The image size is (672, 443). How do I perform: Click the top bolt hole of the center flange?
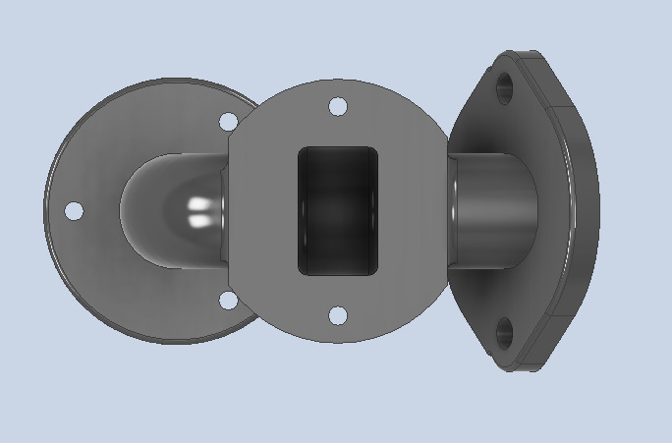pos(337,106)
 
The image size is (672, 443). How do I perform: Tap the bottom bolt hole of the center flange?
pos(337,315)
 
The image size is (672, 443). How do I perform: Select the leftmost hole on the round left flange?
pos(74,211)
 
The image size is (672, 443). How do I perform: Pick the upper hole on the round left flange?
pos(228,122)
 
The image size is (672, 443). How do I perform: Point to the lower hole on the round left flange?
pos(228,300)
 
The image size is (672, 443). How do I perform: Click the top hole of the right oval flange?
pos(505,88)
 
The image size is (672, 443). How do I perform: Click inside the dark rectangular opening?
pos(337,211)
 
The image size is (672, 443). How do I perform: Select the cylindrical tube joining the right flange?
pos(491,210)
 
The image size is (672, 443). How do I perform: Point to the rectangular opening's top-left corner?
pos(301,150)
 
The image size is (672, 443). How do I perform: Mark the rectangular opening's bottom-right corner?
pos(375,272)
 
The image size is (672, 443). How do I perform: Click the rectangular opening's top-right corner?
pos(375,150)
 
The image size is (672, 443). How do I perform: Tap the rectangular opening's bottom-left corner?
pos(301,272)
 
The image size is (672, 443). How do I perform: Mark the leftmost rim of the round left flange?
pos(46,211)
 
